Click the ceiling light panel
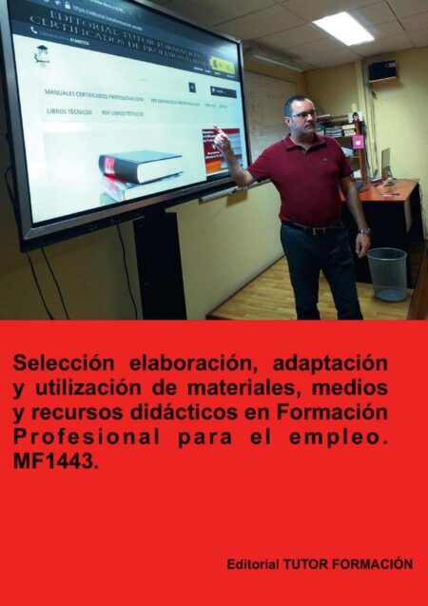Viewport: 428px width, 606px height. (x=343, y=28)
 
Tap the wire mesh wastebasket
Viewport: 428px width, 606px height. (x=387, y=273)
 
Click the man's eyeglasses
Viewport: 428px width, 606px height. (x=302, y=114)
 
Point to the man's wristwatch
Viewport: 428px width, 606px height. (x=363, y=230)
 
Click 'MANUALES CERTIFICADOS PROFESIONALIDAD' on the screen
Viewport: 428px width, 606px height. (x=94, y=98)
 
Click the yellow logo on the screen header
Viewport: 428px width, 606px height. (x=223, y=66)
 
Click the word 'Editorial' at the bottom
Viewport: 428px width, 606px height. (x=252, y=564)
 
